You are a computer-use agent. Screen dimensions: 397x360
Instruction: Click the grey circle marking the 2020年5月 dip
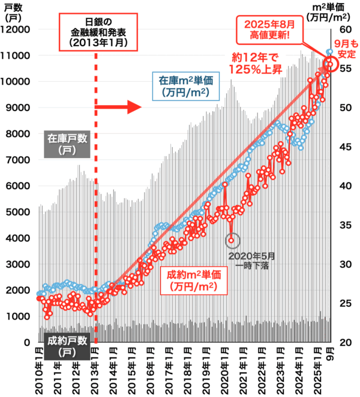[x=232, y=240]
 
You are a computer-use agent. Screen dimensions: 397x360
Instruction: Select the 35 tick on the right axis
[x=346, y=225]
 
